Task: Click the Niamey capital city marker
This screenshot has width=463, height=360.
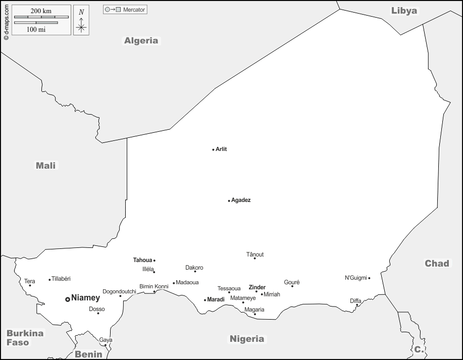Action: pyautogui.click(x=68, y=299)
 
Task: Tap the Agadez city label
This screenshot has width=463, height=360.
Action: pyautogui.click(x=241, y=200)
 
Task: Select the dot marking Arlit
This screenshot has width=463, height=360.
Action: pyautogui.click(x=213, y=149)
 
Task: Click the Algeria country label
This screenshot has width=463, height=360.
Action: pyautogui.click(x=141, y=41)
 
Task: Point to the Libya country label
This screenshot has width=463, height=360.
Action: pyautogui.click(x=404, y=11)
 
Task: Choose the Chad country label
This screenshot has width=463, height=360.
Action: pyautogui.click(x=437, y=264)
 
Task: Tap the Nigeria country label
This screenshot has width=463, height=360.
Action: pyautogui.click(x=247, y=339)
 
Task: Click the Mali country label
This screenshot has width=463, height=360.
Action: pyautogui.click(x=46, y=165)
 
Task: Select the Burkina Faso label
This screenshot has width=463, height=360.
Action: pyautogui.click(x=25, y=338)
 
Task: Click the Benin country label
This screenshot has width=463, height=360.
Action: pyautogui.click(x=88, y=354)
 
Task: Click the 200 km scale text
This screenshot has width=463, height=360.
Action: pyautogui.click(x=41, y=11)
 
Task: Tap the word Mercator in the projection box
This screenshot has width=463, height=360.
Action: pyautogui.click(x=134, y=10)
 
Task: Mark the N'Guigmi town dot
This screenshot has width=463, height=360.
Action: pyautogui.click(x=369, y=278)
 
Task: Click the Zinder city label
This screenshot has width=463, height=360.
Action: pyautogui.click(x=257, y=287)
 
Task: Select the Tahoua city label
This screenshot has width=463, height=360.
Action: pyautogui.click(x=142, y=260)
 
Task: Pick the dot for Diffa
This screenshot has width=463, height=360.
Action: pyautogui.click(x=357, y=305)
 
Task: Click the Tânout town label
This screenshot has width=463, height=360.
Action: pyautogui.click(x=255, y=254)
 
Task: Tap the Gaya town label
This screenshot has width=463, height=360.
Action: pyautogui.click(x=106, y=340)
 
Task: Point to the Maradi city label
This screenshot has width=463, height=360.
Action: pyautogui.click(x=216, y=300)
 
